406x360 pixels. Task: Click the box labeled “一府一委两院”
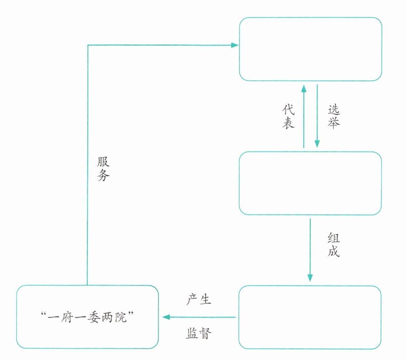coord(87,317)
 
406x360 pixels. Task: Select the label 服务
coord(103,169)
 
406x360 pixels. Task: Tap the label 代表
coord(288,116)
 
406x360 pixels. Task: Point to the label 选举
coord(333,116)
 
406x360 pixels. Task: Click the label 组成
coord(333,245)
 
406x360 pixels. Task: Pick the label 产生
coord(199,300)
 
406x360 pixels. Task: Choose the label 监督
coord(199,334)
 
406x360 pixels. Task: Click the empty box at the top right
coord(310,49)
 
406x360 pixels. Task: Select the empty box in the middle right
coord(310,183)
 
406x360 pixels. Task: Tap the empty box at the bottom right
coord(310,317)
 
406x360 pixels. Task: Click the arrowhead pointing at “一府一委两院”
coord(166,317)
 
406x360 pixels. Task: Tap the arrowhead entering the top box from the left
coord(235,45)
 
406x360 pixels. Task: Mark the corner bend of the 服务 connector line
coord(88,45)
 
